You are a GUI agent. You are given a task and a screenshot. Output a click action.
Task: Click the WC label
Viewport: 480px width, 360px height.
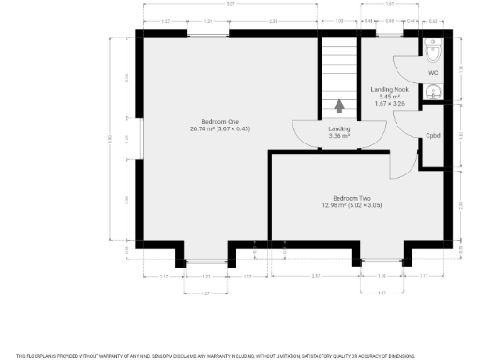(433, 72)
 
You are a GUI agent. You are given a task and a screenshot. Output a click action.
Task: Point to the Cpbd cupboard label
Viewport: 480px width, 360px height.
(433, 135)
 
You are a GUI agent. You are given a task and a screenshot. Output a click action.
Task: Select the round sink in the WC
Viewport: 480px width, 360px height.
(435, 92)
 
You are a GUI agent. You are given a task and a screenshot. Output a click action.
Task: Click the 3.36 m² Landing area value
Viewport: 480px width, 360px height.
(338, 137)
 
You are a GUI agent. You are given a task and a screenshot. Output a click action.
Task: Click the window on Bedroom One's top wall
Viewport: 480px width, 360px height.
(208, 35)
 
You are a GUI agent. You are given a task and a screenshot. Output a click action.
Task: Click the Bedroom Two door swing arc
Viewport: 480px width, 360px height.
(401, 164)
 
